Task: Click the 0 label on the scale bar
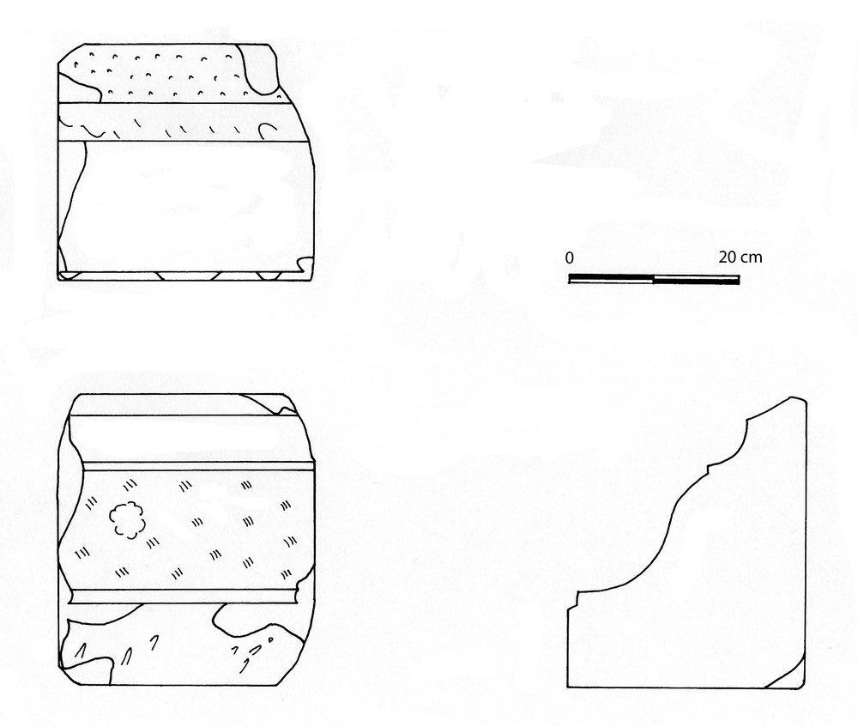coord(570,257)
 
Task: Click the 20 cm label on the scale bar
coord(740,257)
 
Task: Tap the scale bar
coord(655,279)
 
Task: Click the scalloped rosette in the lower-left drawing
coord(127,520)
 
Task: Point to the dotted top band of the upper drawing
coord(164,74)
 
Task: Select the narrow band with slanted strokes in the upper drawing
coord(180,122)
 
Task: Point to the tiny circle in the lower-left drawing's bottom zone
coord(269,639)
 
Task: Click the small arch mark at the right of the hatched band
coord(267,130)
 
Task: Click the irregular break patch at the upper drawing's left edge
coord(79,88)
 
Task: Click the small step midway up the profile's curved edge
coord(710,467)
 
